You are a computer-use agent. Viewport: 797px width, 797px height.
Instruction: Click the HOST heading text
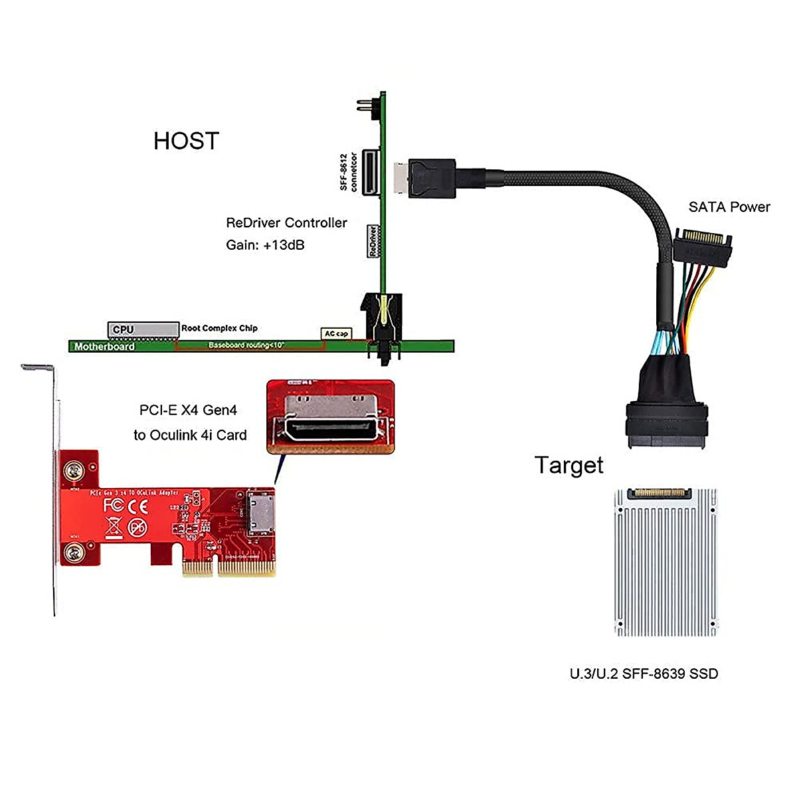coord(186,141)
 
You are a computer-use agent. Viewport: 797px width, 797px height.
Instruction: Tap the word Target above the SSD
coord(569,465)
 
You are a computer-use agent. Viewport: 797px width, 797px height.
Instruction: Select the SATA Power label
coord(729,207)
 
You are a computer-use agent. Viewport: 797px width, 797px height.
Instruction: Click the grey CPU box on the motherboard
coord(142,329)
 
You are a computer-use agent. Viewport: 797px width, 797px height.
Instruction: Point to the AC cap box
coord(336,333)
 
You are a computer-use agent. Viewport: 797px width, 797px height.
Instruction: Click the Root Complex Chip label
coord(219,328)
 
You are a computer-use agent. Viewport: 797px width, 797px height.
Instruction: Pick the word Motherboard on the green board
coord(104,346)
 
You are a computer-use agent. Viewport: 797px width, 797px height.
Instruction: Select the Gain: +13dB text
coord(265,244)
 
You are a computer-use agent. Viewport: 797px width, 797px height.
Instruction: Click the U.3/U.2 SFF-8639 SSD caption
coord(644,673)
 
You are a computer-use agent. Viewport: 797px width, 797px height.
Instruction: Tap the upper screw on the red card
coord(73,472)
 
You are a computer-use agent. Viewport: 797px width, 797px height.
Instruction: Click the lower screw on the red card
coord(73,551)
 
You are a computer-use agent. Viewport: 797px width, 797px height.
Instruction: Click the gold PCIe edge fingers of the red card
coord(228,569)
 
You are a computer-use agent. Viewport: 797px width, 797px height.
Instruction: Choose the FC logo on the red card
coord(114,505)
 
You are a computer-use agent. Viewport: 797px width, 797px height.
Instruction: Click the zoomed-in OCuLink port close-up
coord(330,416)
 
